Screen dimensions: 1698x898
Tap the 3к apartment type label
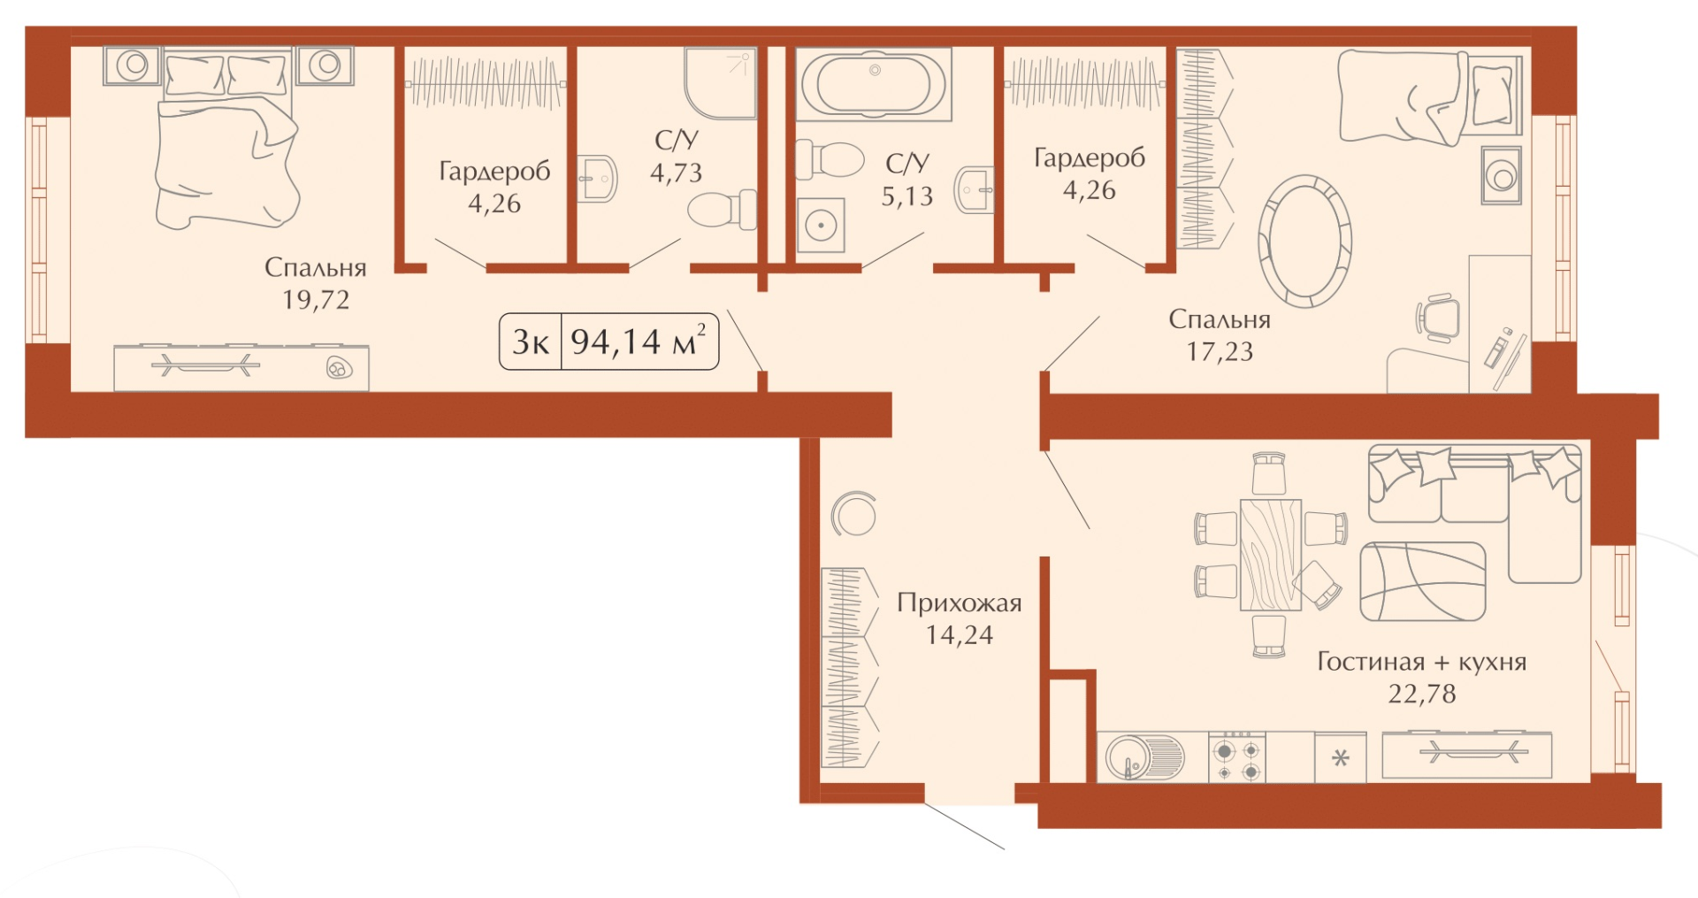[x=530, y=342]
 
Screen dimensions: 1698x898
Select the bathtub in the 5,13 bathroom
[x=874, y=84]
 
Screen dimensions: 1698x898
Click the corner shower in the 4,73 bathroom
[x=721, y=83]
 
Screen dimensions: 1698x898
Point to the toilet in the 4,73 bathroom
[x=723, y=211]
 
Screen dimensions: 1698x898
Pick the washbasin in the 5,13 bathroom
[x=974, y=189]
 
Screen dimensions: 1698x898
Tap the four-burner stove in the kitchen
[x=1237, y=757]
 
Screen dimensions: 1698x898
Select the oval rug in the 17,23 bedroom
[x=1304, y=241]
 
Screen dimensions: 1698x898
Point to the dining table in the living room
[x=1271, y=555]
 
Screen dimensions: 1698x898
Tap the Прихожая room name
[x=959, y=603]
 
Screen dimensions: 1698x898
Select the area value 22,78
[x=1421, y=694]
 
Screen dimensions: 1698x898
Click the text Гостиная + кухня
[x=1421, y=661]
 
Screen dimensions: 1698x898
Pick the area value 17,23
[x=1220, y=351]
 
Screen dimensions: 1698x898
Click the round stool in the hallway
[x=854, y=513]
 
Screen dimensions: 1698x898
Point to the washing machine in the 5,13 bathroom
[x=821, y=225]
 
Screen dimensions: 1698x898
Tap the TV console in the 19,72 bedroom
[x=241, y=367]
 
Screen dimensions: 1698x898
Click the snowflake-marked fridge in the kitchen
[x=1341, y=757]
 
